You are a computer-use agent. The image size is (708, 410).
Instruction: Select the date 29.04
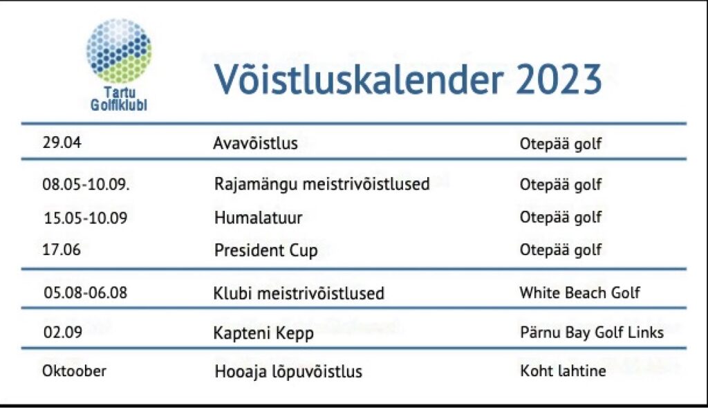click(x=62, y=142)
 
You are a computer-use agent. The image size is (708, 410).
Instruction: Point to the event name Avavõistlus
click(x=256, y=143)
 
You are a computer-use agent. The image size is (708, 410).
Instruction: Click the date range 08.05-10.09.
click(x=86, y=184)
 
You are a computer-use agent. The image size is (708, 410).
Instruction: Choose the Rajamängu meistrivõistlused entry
click(x=322, y=185)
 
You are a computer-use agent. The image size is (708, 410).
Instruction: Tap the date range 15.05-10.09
click(x=86, y=218)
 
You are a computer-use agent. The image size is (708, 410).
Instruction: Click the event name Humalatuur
click(x=259, y=218)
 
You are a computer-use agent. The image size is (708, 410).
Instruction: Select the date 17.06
click(x=62, y=250)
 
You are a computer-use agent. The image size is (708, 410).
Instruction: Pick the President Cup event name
click(x=266, y=250)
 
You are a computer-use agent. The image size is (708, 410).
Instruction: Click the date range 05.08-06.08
click(x=86, y=292)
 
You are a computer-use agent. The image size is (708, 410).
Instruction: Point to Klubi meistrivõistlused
click(x=299, y=294)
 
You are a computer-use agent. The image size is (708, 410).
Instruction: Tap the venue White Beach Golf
click(x=580, y=292)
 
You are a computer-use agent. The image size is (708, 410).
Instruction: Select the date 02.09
click(x=63, y=333)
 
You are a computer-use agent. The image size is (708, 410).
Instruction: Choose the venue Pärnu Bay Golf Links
click(x=592, y=333)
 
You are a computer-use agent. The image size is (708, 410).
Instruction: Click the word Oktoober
click(x=75, y=371)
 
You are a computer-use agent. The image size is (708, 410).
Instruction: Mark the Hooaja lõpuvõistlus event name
click(x=288, y=372)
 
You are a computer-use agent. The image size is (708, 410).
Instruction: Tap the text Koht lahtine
click(x=563, y=371)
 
